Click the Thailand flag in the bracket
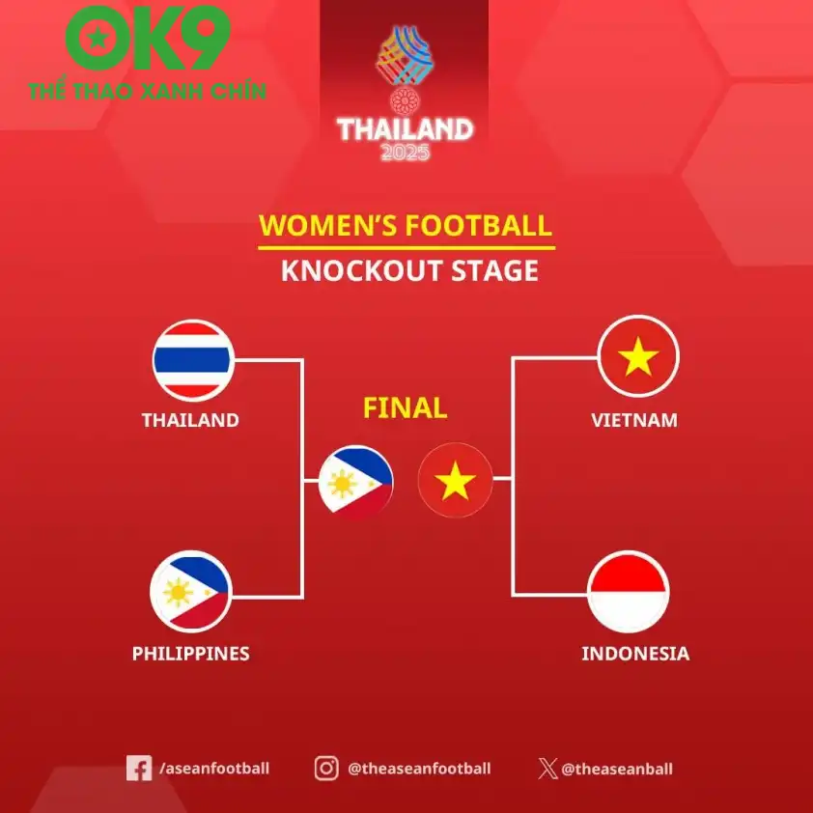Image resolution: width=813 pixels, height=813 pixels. [192, 360]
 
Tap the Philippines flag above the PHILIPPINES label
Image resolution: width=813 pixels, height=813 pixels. [190, 590]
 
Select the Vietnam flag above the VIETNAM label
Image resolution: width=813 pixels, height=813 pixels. [638, 356]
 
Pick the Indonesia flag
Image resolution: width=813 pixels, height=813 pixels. [629, 591]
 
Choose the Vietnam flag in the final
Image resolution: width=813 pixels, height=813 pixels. [455, 480]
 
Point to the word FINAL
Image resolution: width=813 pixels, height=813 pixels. [405, 407]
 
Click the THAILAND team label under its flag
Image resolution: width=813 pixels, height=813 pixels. [190, 420]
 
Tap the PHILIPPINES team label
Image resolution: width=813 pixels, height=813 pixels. [190, 654]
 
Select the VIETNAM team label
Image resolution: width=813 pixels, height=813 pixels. [634, 420]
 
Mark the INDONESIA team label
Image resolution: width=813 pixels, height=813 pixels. [635, 654]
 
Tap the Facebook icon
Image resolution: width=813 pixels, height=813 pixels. [139, 769]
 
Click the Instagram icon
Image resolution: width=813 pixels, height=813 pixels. [326, 769]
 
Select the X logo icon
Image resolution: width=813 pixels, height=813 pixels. [547, 770]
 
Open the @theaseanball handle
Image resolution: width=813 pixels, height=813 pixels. [617, 770]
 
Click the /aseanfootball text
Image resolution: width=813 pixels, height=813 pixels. [214, 769]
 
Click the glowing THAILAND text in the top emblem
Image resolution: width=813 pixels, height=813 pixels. [405, 129]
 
